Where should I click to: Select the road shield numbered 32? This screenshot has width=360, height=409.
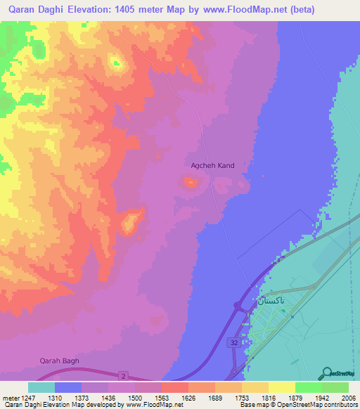pos(233,342)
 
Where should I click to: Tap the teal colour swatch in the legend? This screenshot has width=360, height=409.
pos(41,387)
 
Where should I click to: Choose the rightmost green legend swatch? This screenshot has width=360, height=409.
pos(335,387)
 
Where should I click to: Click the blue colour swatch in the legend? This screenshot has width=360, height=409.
pos(68,387)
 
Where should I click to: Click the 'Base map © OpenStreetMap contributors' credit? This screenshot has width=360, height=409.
pos(297,405)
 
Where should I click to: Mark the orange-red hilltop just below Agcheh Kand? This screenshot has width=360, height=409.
pos(191,183)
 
